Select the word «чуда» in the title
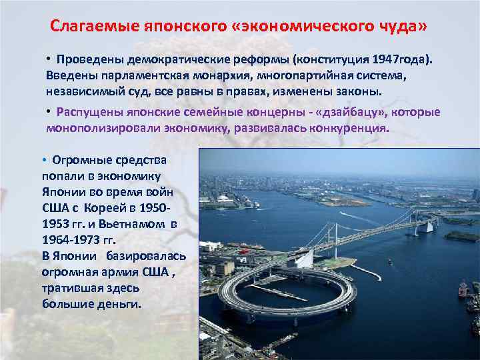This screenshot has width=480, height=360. (x=400, y=27)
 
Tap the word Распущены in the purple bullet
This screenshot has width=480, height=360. (x=87, y=111)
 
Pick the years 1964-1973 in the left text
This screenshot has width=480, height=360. (x=75, y=239)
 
